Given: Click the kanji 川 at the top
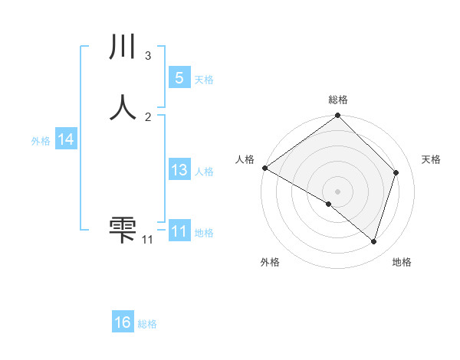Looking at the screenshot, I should tap(123, 48).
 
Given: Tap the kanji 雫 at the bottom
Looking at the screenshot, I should tap(123, 228).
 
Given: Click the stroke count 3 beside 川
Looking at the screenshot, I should tap(148, 56).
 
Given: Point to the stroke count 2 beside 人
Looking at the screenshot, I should tap(148, 116).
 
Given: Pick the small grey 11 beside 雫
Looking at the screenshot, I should tap(147, 240).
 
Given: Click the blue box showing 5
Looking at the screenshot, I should tap(179, 78).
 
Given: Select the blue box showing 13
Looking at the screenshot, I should tap(179, 170).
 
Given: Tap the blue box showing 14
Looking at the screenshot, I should tap(65, 139).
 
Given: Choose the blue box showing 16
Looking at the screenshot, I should tap(123, 322).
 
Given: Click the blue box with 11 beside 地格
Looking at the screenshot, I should tap(179, 231).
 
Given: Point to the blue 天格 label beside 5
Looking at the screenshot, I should tap(204, 80).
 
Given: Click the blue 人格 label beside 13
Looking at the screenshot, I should tap(204, 172).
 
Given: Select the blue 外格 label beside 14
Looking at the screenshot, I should tap(41, 141).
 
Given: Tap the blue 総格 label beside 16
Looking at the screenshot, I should tap(147, 324).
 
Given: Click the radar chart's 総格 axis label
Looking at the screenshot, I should tap(338, 100).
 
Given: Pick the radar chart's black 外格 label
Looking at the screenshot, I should tap(270, 262).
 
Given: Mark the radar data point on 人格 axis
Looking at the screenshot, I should tap(264, 168).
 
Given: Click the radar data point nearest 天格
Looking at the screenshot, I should tap(396, 173).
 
